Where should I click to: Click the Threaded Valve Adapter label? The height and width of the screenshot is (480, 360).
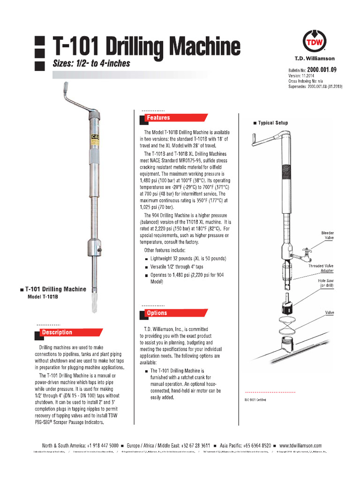point(321,269)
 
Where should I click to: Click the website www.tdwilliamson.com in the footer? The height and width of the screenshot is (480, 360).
point(300,445)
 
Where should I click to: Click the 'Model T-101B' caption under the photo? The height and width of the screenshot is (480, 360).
point(45,296)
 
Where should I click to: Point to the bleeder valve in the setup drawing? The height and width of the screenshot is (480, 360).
point(301,253)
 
